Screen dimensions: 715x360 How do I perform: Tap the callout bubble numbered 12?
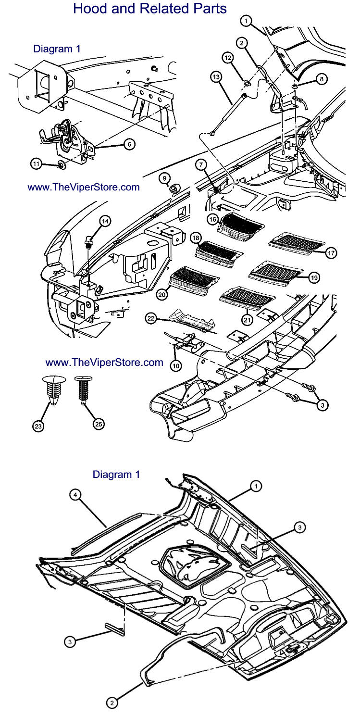[228, 58]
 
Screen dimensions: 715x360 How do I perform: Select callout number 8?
[321, 78]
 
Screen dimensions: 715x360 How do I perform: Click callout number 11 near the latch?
[37, 164]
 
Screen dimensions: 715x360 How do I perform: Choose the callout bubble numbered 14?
[105, 221]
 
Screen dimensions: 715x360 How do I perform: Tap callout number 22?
[151, 319]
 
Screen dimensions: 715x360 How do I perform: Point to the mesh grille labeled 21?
[246, 295]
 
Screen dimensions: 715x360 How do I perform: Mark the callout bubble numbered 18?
[195, 238]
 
